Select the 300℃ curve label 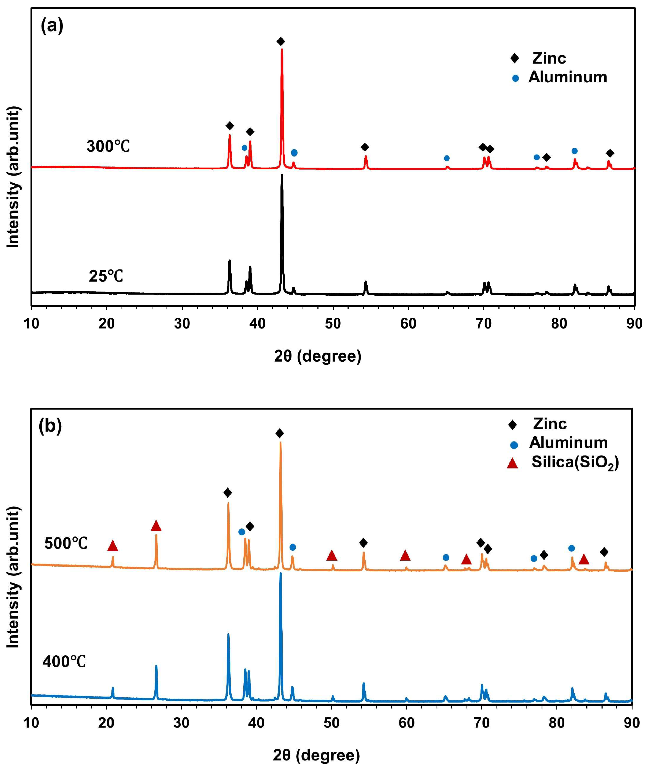pos(108,146)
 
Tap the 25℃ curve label pos(106,276)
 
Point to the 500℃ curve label pos(66,543)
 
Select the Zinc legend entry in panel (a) pos(549,58)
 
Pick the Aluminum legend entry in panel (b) pos(568,443)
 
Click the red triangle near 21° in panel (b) pos(113,546)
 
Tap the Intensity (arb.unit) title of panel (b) pos(14,577)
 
